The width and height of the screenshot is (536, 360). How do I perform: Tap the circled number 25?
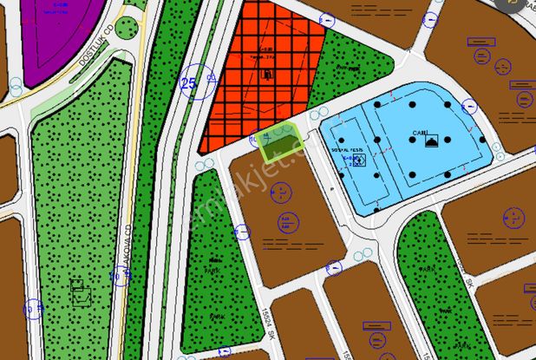point(188,83)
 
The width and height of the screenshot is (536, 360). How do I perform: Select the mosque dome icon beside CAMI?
point(431,141)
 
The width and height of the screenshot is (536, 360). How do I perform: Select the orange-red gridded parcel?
point(260,78)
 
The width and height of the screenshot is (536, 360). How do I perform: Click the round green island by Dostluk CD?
point(127,27)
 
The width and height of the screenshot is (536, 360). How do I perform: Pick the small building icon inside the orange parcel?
point(267,75)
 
